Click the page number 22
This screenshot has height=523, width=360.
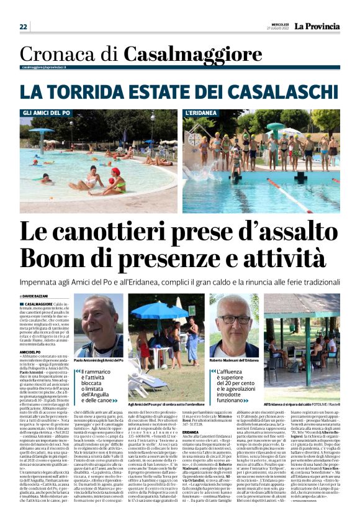coord(24,27)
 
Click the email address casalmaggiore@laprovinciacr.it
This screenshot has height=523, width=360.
coord(43,66)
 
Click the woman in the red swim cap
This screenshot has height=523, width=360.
coord(115,180)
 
